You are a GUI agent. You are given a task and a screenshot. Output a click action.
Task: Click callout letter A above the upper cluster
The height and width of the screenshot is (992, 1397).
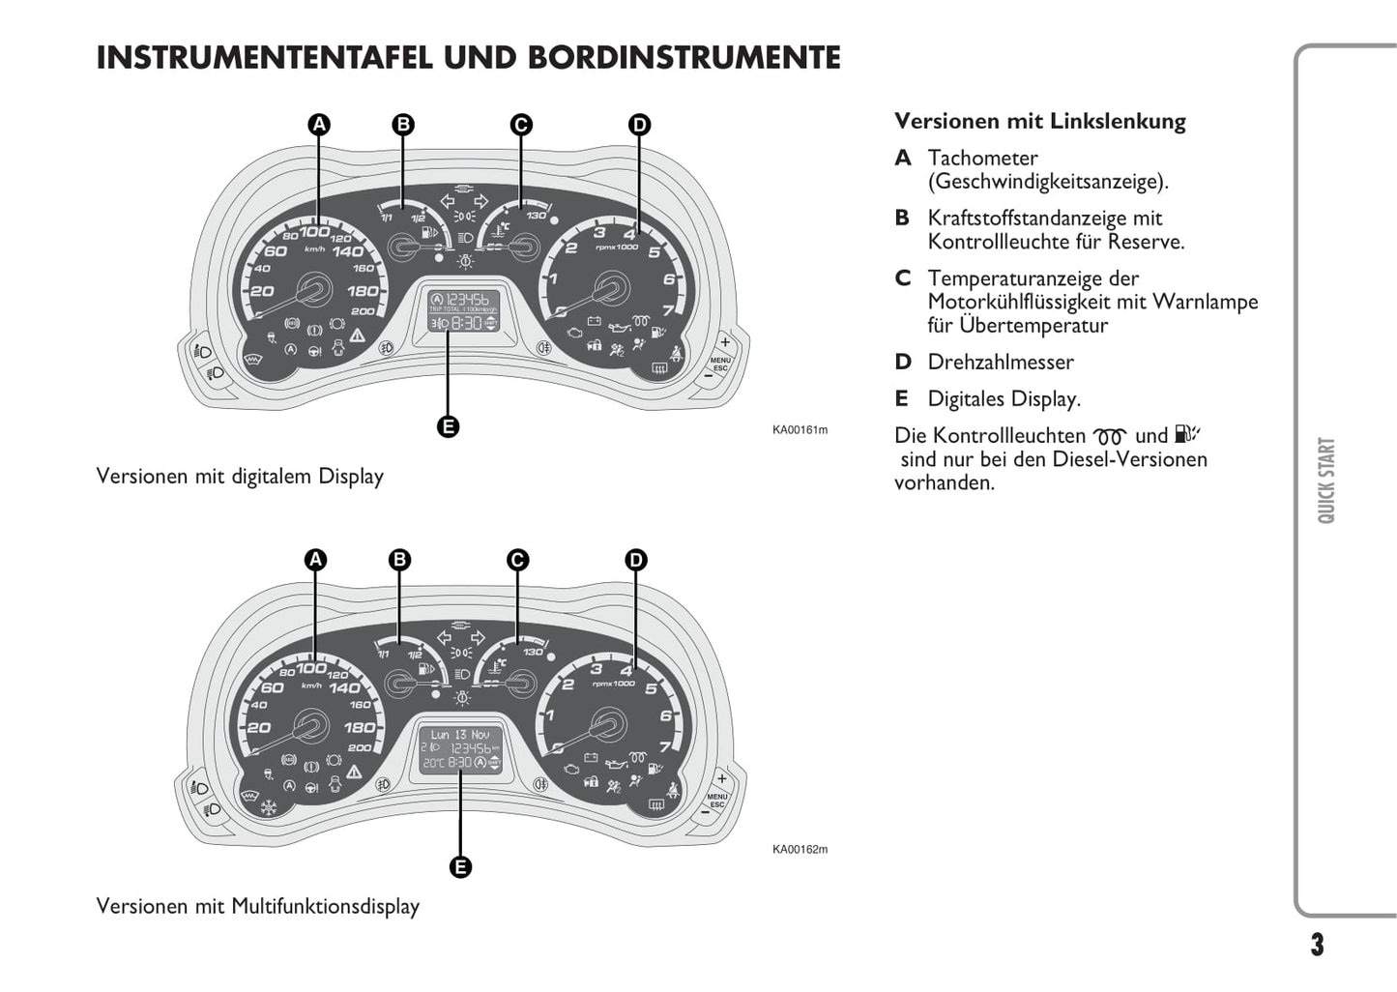click(319, 125)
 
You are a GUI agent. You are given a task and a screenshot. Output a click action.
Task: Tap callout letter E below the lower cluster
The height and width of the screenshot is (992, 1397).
click(460, 867)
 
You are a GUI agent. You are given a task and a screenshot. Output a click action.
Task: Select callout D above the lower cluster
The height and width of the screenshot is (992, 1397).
click(635, 560)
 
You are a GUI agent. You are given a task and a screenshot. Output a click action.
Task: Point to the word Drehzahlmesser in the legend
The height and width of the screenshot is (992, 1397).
click(1000, 363)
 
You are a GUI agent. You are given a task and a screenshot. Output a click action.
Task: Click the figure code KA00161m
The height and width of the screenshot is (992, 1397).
click(800, 430)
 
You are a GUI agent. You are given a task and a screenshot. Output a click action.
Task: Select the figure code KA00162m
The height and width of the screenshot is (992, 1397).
click(800, 850)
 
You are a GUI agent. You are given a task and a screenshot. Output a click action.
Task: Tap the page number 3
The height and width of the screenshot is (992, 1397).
click(1317, 945)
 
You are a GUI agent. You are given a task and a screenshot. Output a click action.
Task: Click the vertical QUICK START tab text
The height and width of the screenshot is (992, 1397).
click(1326, 481)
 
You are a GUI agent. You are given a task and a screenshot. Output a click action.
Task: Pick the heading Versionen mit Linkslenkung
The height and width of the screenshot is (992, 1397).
click(1039, 122)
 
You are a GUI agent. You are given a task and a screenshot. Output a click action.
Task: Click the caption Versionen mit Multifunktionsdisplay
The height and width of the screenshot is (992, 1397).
click(257, 907)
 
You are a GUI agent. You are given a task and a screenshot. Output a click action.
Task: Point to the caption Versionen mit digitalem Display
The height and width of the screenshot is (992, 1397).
click(240, 477)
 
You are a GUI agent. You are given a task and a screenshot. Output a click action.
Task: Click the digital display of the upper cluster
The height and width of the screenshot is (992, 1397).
click(464, 310)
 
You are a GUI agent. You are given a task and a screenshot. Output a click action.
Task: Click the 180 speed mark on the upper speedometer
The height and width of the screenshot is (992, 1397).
click(363, 291)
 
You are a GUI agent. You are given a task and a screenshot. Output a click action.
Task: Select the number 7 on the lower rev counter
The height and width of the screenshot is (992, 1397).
click(665, 746)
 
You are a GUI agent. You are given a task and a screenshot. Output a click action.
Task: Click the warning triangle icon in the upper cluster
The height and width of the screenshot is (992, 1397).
click(358, 335)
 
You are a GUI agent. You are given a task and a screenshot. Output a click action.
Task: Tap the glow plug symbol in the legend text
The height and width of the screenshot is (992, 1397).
click(1109, 437)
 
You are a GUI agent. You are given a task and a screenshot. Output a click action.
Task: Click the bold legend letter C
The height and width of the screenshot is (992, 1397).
click(903, 278)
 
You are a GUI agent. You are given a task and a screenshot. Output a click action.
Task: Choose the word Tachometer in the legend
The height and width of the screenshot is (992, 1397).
click(982, 159)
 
